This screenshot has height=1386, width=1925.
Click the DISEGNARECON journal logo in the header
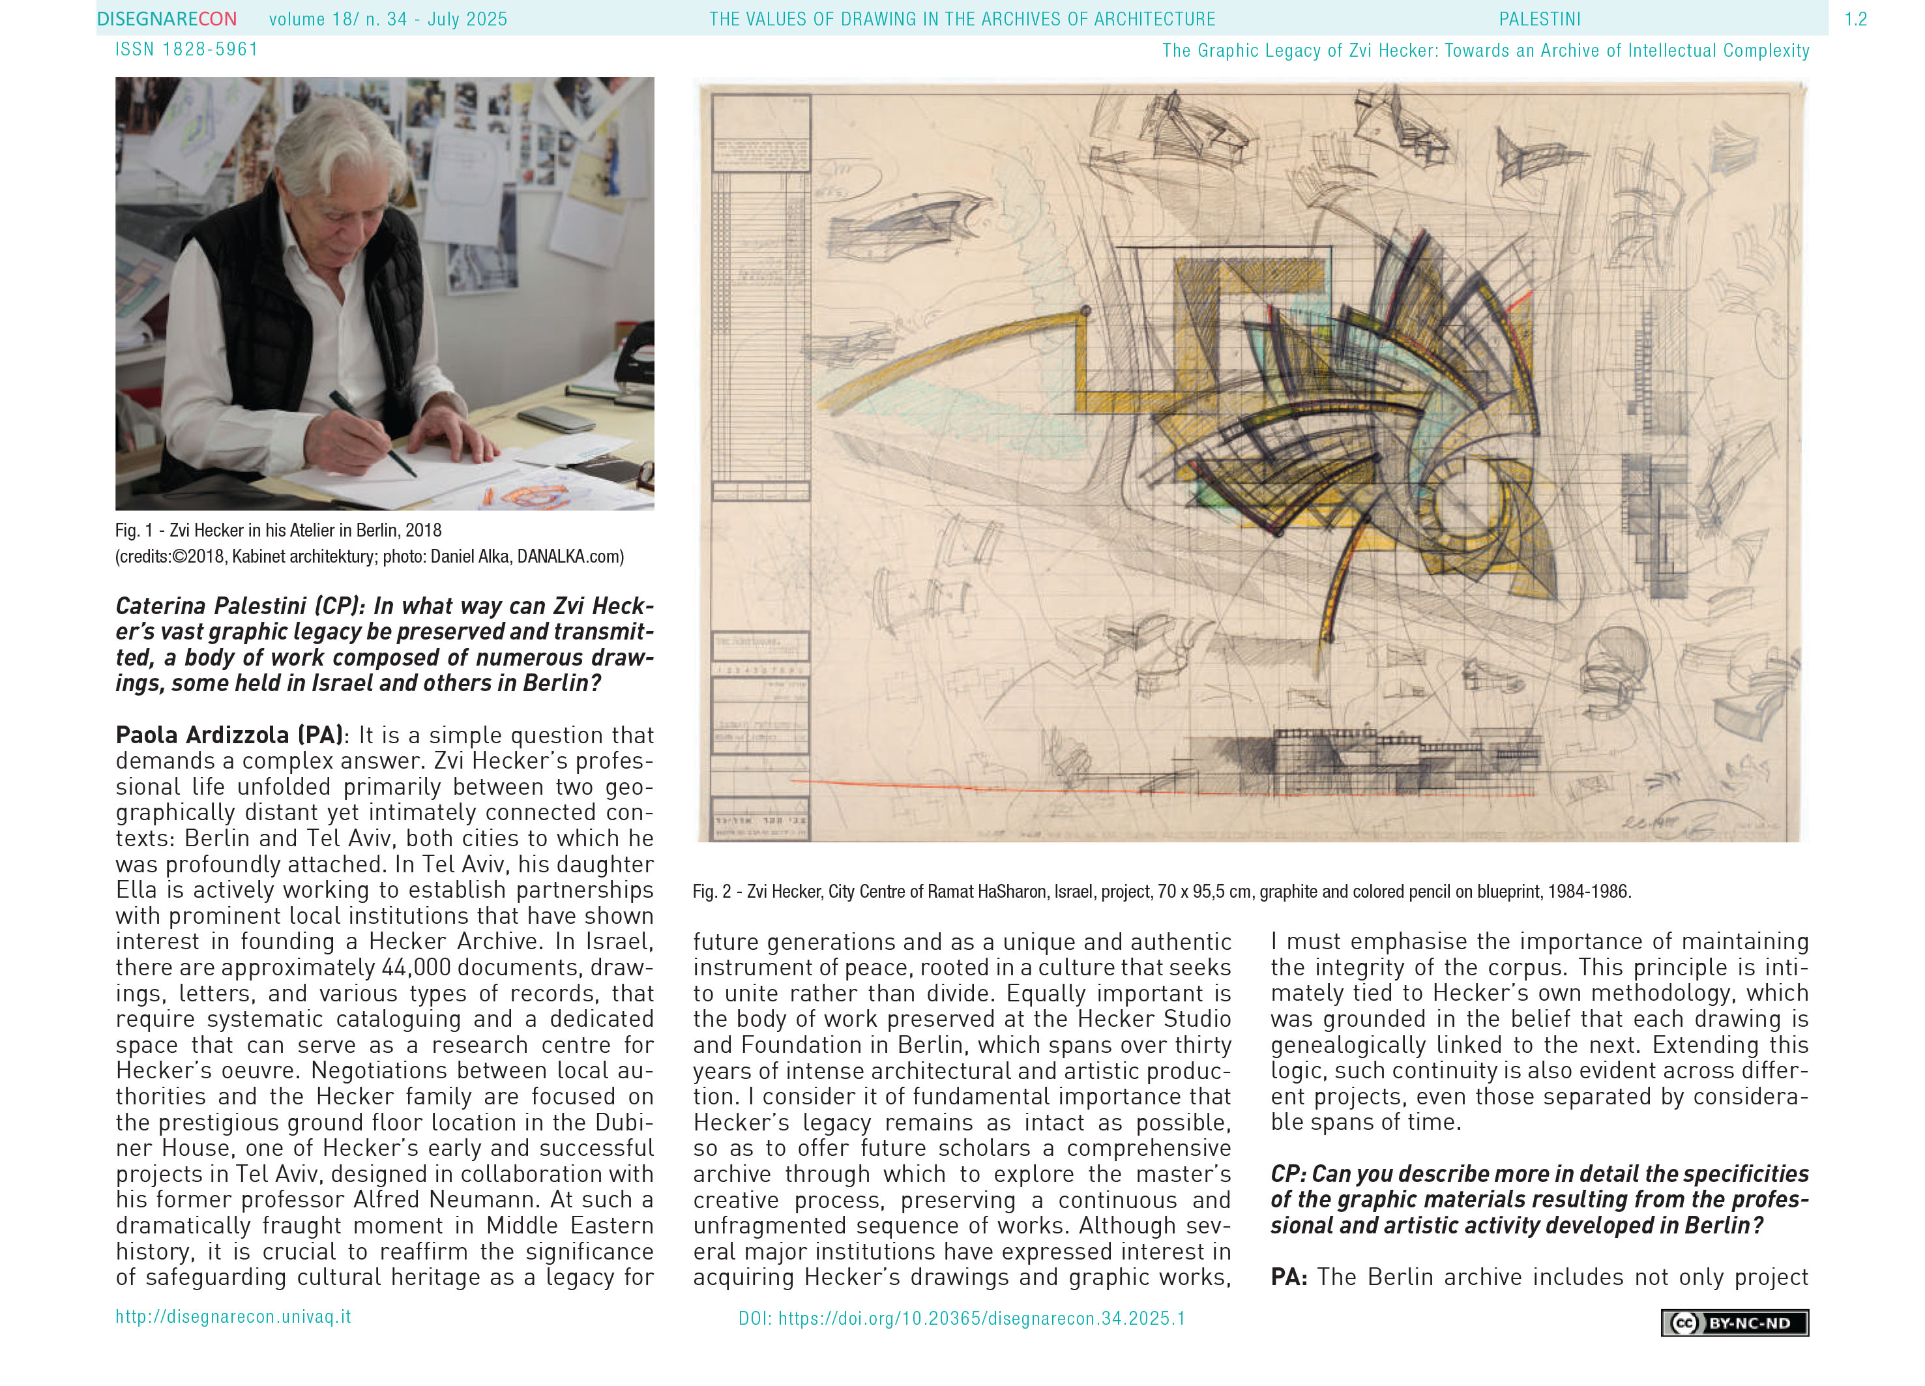[166, 19]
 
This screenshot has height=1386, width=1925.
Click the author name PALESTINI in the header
[1539, 19]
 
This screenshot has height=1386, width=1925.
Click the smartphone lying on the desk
[556, 418]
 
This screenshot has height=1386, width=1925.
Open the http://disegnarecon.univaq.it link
[233, 1316]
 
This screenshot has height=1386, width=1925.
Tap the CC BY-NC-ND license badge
[1734, 1322]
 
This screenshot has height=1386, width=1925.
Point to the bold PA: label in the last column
[1288, 1277]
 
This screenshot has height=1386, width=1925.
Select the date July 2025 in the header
[467, 19]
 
